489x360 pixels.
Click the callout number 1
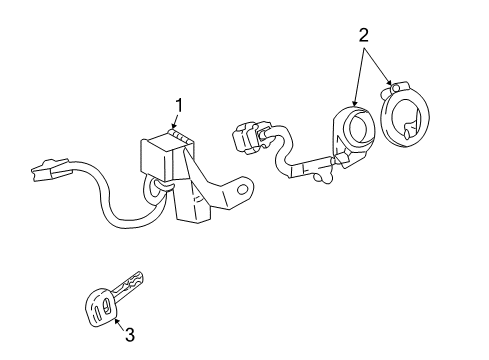[x=180, y=105]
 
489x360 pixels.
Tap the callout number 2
[x=364, y=35]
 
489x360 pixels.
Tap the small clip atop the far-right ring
[x=398, y=88]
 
